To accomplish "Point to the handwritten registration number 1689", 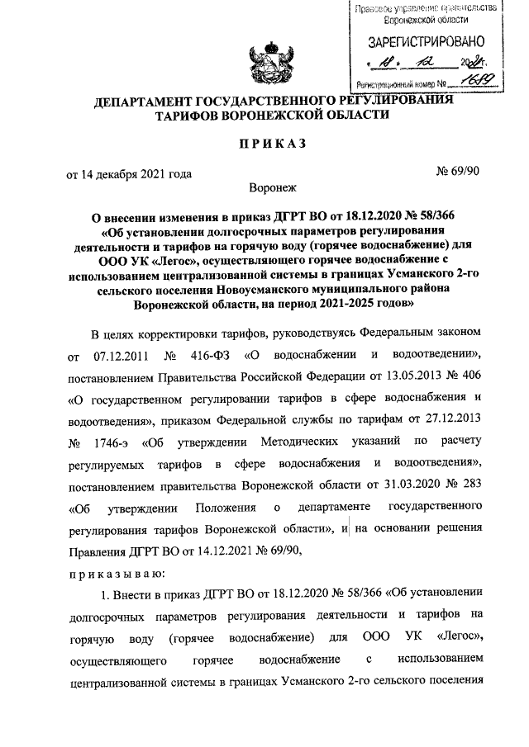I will tap(478, 80).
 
